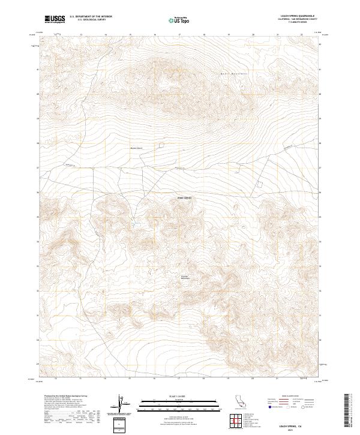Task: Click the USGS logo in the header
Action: (55, 19)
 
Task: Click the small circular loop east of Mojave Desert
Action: (161, 145)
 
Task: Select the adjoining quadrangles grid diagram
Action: (238, 421)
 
